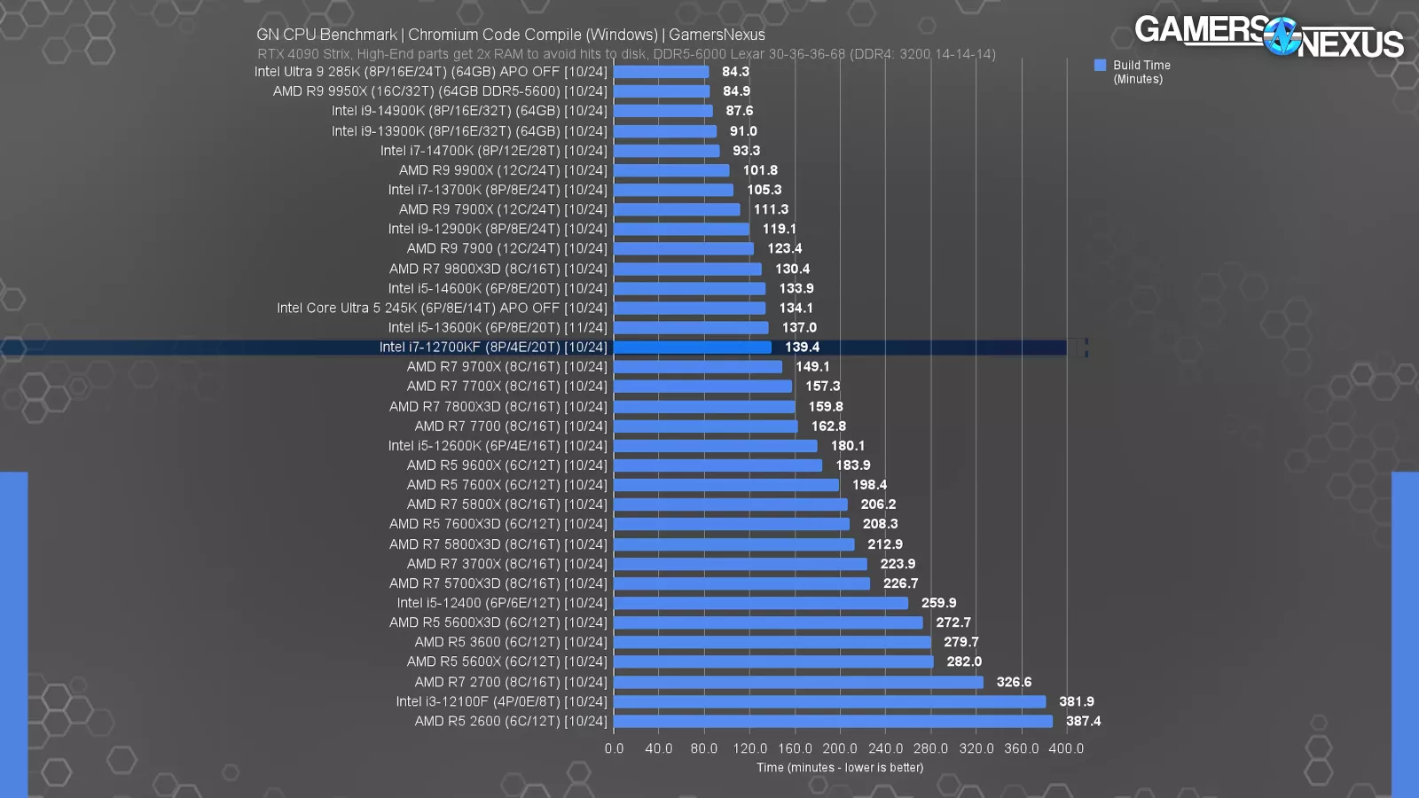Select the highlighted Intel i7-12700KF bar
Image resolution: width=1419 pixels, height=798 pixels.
[692, 348]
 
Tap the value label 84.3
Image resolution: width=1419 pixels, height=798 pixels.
[735, 72]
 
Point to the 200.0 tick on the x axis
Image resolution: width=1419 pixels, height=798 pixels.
[839, 748]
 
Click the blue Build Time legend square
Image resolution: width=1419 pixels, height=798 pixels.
[1100, 65]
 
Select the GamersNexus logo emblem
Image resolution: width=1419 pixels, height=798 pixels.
[1281, 37]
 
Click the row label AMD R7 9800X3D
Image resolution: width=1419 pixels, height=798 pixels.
[498, 269]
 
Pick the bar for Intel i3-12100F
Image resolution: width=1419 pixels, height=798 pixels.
[829, 702]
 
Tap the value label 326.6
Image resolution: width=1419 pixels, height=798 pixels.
[1014, 682]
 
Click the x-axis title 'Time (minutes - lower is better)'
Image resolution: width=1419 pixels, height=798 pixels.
[839, 768]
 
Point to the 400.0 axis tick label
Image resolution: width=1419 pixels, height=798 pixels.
[1065, 748]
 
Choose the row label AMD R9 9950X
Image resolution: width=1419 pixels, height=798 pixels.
[440, 91]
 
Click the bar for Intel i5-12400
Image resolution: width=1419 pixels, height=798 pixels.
[760, 603]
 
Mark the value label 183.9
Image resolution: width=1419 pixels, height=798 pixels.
[852, 465]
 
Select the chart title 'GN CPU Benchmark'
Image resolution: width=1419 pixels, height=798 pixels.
[326, 35]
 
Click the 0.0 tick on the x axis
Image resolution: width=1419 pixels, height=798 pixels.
[614, 748]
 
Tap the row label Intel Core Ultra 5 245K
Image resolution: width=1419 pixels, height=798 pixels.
[442, 309]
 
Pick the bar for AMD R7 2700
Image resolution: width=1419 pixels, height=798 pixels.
[798, 682]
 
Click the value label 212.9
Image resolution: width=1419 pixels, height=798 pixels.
[884, 544]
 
